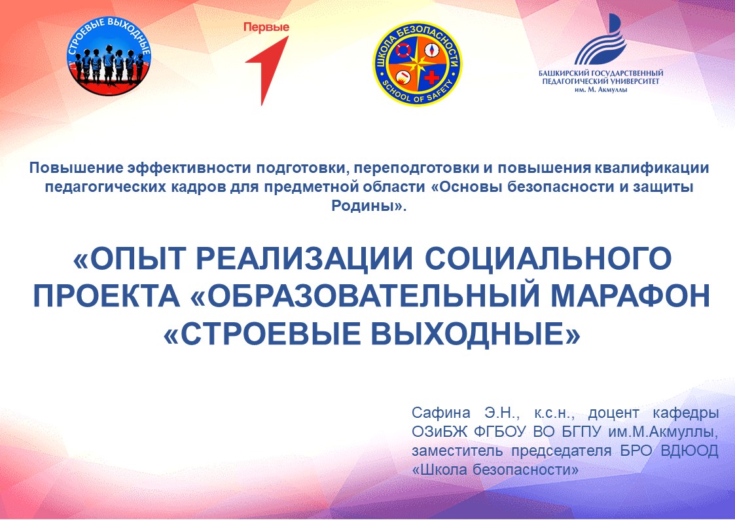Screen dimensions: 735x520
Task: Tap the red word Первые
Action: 266,28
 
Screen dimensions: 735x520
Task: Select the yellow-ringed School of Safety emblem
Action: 417,64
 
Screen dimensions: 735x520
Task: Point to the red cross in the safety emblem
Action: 432,77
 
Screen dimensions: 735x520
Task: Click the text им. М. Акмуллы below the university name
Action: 601,89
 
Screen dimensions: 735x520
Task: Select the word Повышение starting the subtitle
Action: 77,168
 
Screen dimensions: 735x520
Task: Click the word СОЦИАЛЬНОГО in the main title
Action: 548,258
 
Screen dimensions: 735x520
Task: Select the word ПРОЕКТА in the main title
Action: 107,296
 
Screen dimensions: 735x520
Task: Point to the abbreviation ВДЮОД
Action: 689,451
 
